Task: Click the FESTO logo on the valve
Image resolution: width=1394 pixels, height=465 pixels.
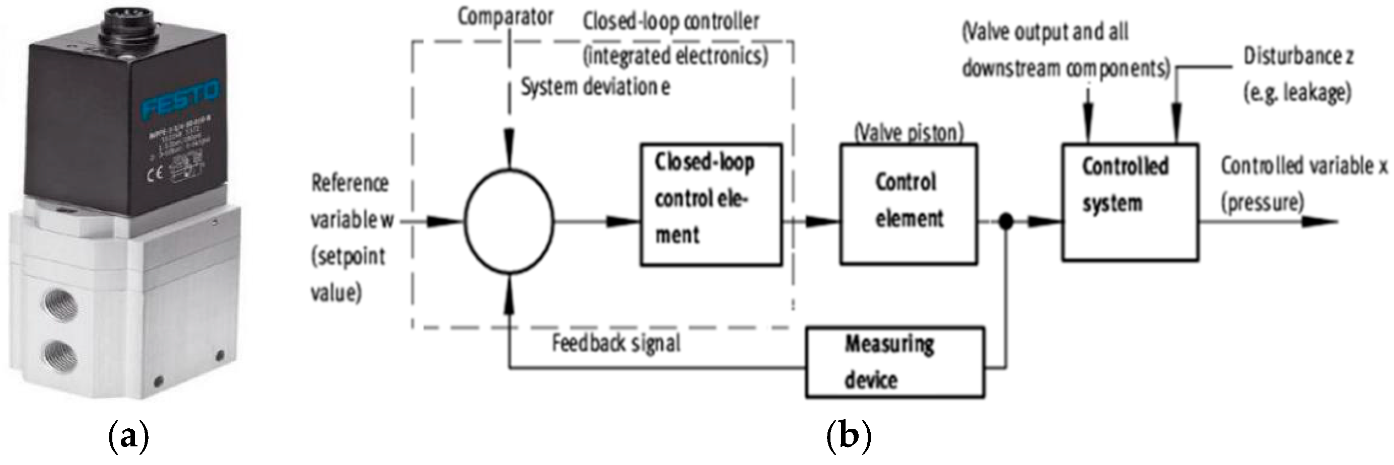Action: pyautogui.click(x=181, y=101)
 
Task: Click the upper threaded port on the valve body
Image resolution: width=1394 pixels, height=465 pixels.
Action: pyautogui.click(x=60, y=305)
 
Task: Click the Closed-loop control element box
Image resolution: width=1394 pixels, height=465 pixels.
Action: pyautogui.click(x=711, y=204)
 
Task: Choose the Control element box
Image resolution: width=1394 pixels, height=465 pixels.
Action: pyautogui.click(x=909, y=204)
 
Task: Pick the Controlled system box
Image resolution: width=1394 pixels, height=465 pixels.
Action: pyautogui.click(x=1130, y=203)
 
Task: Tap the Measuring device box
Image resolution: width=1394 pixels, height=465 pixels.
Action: pyautogui.click(x=894, y=362)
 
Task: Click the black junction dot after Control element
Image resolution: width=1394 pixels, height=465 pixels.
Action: pyautogui.click(x=1005, y=221)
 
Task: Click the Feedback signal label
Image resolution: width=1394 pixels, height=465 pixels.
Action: pyautogui.click(x=616, y=343)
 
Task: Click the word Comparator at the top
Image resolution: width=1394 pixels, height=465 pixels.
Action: pyautogui.click(x=506, y=16)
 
